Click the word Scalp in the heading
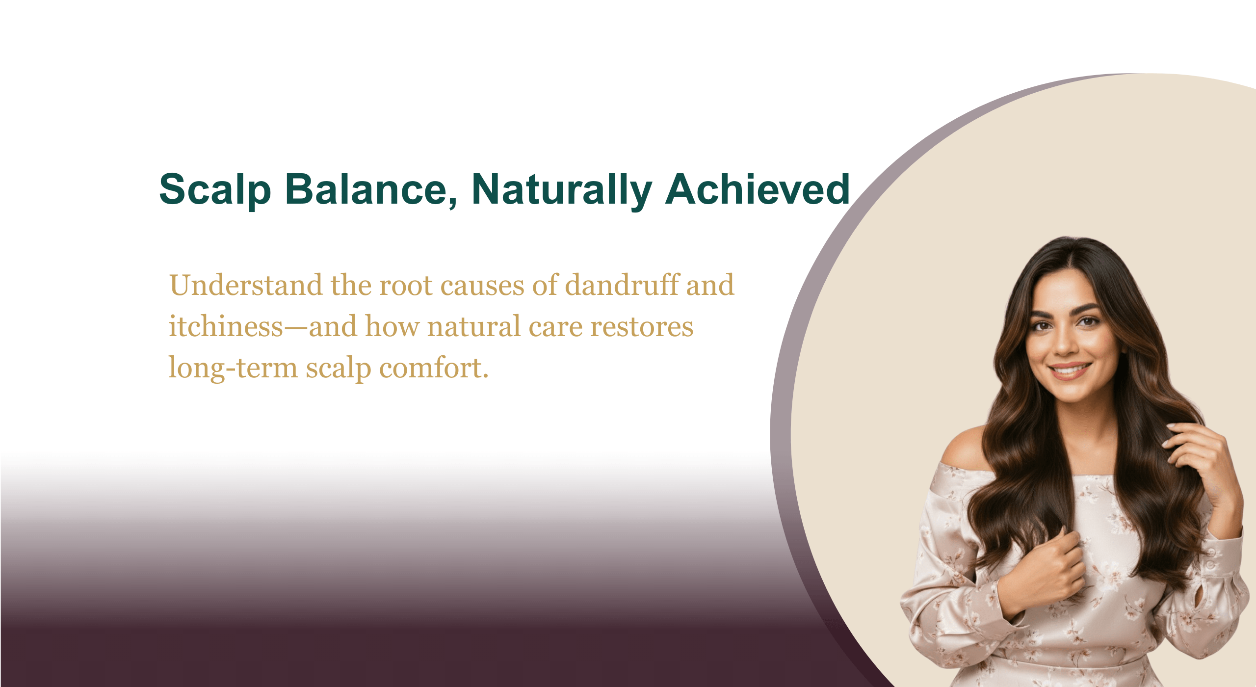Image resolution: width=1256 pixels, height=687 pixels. (215, 190)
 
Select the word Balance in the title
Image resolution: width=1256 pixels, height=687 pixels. (372, 189)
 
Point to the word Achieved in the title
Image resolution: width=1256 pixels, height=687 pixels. (758, 189)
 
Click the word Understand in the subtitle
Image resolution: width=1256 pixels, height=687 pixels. (246, 285)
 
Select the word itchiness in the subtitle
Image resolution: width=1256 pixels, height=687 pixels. (226, 326)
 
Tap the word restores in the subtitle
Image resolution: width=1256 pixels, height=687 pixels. (642, 327)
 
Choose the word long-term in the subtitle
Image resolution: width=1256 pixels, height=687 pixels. (233, 369)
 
